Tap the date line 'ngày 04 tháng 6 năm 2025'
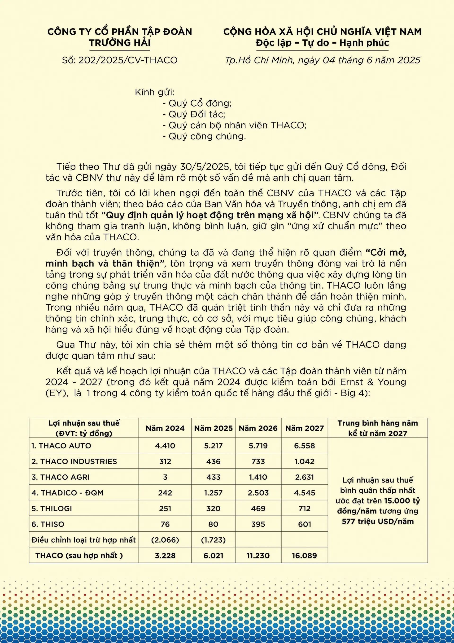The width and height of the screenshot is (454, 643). tap(359, 60)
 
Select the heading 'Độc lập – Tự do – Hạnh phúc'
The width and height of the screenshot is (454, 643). tap(322, 43)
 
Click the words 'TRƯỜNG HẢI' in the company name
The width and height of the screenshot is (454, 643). tap(120, 43)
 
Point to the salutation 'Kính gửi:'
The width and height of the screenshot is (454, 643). tap(154, 92)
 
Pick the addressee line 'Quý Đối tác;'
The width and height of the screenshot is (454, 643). tap(197, 114)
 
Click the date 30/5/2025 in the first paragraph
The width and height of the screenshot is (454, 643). tap(205, 167)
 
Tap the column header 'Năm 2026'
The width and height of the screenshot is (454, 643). tap(258, 428)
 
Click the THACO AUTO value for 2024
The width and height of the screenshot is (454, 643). tap(165, 446)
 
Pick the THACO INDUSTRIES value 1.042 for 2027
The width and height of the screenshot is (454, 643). tap(304, 461)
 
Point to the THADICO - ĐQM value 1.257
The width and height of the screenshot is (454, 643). tap(213, 493)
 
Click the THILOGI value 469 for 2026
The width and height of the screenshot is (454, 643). tap(258, 509)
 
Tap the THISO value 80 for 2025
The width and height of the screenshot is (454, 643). tap(213, 524)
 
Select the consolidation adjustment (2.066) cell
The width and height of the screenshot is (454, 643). tap(165, 540)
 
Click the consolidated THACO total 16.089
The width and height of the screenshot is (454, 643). tap(304, 556)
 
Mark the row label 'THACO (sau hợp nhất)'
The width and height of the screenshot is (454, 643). tap(79, 556)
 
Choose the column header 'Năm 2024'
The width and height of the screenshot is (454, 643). tap(165, 428)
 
